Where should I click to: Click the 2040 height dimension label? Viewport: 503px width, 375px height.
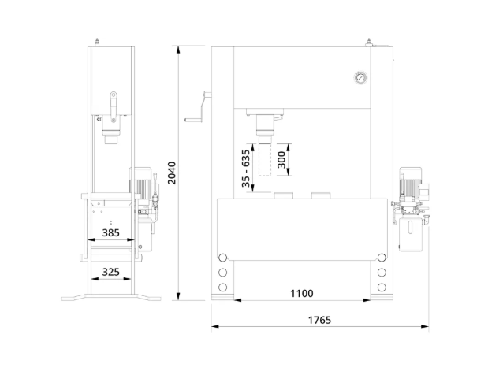172,173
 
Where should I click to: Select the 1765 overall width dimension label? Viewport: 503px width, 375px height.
319,320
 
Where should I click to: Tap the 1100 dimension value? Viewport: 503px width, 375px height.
301,293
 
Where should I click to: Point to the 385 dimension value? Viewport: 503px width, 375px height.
110,232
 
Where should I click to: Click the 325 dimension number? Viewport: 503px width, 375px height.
110,272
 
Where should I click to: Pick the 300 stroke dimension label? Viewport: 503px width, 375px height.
281,160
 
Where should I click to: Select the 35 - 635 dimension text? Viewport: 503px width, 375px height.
246,169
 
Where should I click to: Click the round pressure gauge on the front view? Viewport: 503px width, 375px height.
361,77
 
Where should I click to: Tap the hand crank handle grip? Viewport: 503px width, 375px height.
193,121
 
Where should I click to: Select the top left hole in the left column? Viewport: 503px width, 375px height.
222,258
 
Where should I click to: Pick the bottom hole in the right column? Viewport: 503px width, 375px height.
382,288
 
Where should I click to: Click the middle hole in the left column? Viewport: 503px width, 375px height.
222,273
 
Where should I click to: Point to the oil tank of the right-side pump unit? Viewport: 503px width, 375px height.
411,234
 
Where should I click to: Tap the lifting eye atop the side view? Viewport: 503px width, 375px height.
96,43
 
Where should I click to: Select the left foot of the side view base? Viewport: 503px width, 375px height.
74,298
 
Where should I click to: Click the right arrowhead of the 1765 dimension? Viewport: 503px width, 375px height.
425,327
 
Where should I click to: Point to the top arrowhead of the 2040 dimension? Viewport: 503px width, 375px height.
179,50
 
